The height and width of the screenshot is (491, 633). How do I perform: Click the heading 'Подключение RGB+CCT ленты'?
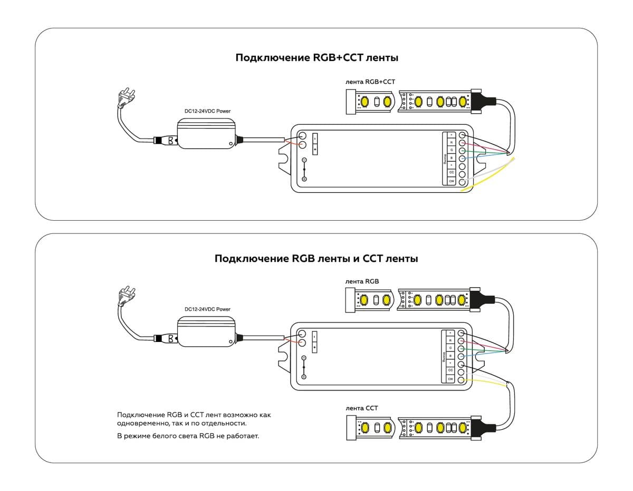pyautogui.click(x=316, y=58)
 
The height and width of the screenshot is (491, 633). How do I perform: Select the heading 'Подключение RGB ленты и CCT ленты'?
pyautogui.click(x=316, y=259)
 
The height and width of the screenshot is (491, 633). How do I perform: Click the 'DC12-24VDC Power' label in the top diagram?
pyautogui.click(x=207, y=111)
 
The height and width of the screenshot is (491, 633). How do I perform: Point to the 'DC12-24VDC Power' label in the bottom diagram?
pyautogui.click(x=207, y=309)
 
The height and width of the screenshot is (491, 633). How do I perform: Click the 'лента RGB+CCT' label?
pyautogui.click(x=370, y=82)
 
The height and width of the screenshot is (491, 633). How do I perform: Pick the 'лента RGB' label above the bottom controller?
pyautogui.click(x=362, y=281)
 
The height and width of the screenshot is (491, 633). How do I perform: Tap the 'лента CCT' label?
pyautogui.click(x=361, y=408)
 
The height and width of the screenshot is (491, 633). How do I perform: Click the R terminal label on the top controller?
pyautogui.click(x=451, y=143)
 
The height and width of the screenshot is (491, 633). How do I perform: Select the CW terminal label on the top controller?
pyautogui.click(x=451, y=181)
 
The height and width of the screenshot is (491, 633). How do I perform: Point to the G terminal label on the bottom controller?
pyautogui.click(x=450, y=348)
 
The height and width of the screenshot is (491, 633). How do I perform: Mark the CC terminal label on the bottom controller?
pyautogui.click(x=450, y=370)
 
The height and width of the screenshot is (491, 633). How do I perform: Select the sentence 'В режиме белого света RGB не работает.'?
pyautogui.click(x=188, y=437)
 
